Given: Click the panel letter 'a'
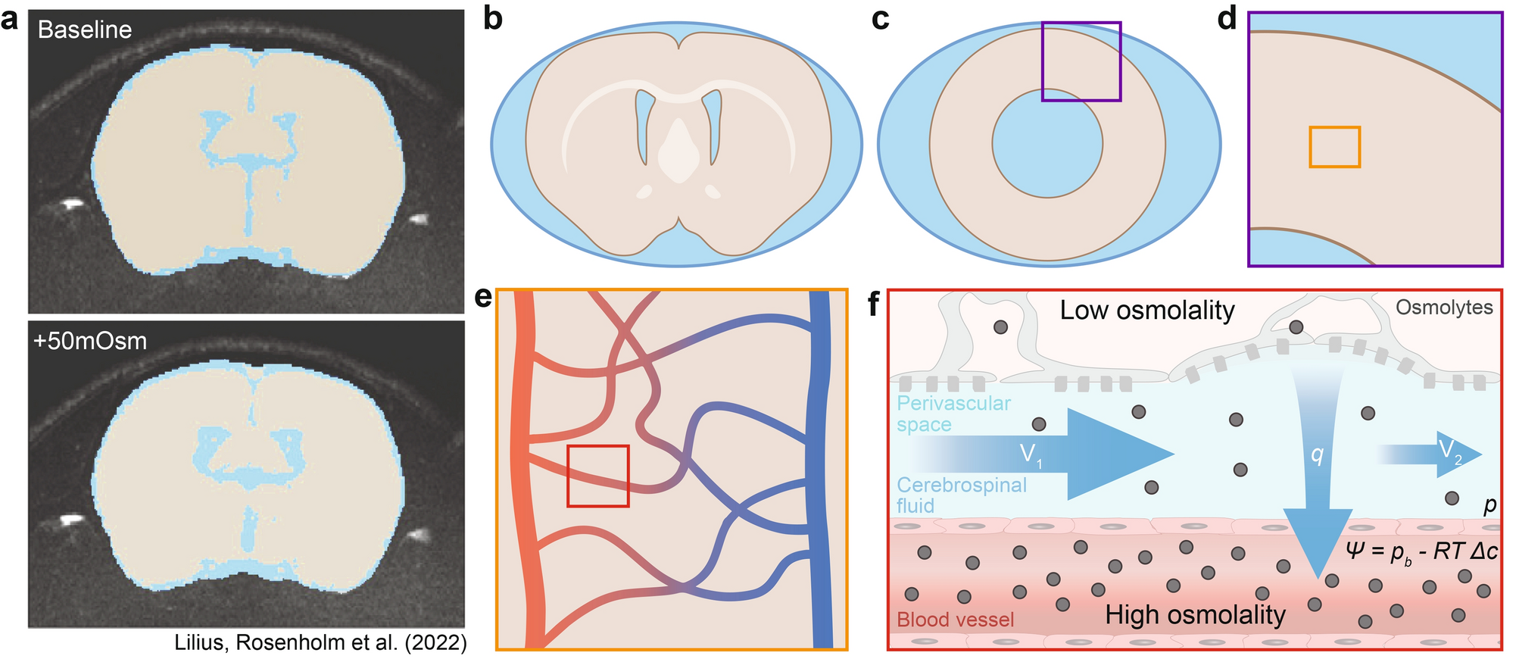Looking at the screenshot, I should (x=11, y=19).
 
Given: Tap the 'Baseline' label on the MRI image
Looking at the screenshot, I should (x=85, y=30).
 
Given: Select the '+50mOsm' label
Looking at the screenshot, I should (x=90, y=341).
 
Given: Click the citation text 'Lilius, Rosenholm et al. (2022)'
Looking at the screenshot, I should (x=320, y=642).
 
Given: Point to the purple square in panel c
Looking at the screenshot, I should (x=1081, y=24).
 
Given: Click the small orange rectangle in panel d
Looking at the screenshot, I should (x=1334, y=147).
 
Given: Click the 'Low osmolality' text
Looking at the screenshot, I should (x=1146, y=310).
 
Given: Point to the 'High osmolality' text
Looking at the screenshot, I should (x=1195, y=615).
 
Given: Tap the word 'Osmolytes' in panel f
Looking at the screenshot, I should (x=1444, y=308).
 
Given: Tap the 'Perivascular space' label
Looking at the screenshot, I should (x=953, y=414).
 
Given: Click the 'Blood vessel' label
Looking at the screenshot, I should (x=955, y=620).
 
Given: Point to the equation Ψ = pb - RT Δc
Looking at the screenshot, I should (x=1421, y=551).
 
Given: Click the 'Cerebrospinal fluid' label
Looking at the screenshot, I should (x=961, y=495).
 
